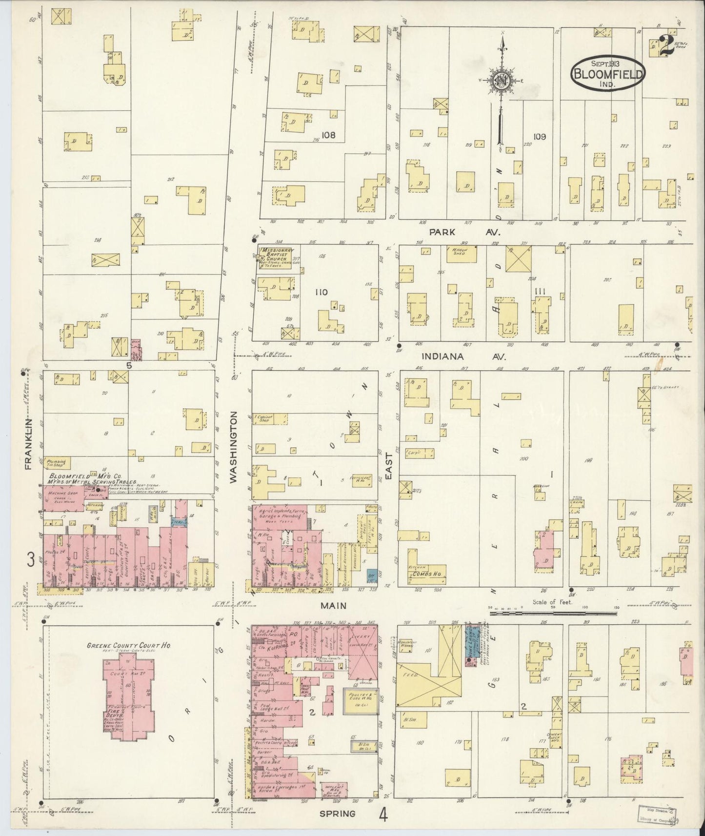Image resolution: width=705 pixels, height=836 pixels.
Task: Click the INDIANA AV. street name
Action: [463, 357]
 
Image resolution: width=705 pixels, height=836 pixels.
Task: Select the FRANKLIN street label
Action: [28, 443]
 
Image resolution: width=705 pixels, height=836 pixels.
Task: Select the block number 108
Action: [328, 135]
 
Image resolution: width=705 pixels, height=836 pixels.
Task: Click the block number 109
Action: [539, 136]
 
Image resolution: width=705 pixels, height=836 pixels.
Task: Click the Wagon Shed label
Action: [458, 250]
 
